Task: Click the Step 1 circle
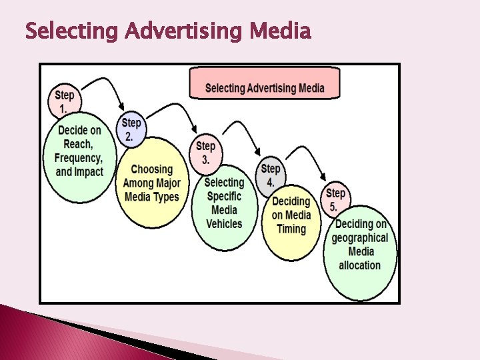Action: pos(65,101)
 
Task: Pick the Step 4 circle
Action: pos(271,175)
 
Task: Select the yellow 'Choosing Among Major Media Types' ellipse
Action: pos(151,183)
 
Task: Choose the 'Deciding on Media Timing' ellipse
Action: pos(291,218)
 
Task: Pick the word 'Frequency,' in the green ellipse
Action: pos(79,158)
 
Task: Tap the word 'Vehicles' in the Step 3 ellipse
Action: pos(224,224)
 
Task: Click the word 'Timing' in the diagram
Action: pos(291,229)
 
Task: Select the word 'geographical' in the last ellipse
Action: pos(360,237)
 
